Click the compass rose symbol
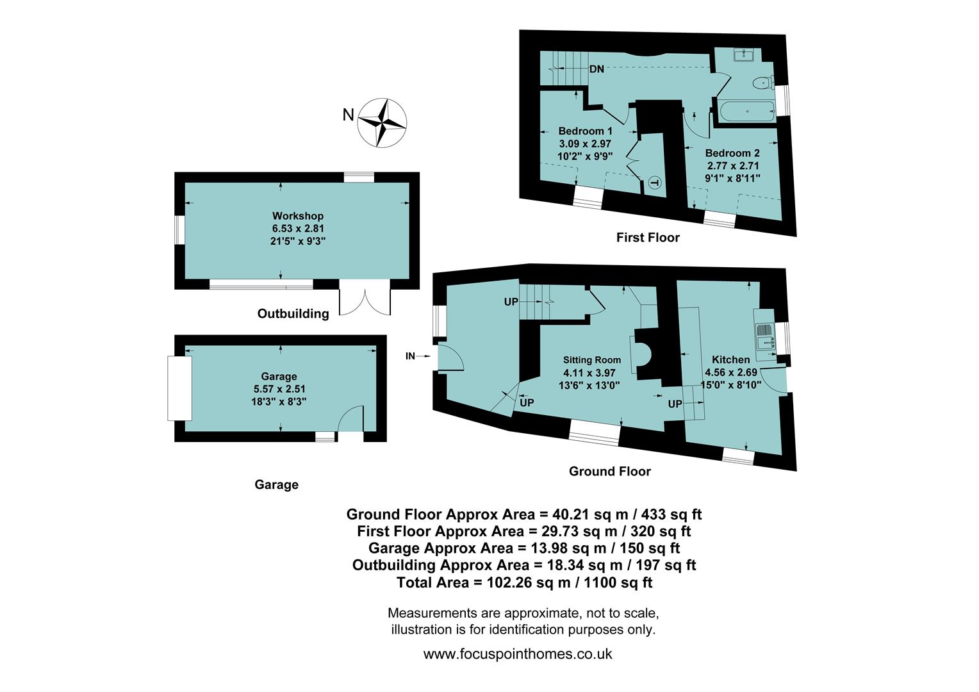click(383, 122)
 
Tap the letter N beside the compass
click(348, 115)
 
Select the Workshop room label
click(297, 216)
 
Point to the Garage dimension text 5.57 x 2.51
click(279, 389)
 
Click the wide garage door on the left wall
click(179, 388)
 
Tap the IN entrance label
click(410, 356)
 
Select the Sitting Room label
click(591, 360)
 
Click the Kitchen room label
click(730, 359)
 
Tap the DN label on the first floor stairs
click(596, 69)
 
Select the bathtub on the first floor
click(747, 111)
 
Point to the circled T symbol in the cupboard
click(654, 183)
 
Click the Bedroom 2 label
click(732, 153)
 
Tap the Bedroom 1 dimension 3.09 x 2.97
click(585, 144)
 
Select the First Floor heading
click(647, 238)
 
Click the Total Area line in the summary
click(524, 582)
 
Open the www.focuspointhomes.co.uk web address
click(518, 654)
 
